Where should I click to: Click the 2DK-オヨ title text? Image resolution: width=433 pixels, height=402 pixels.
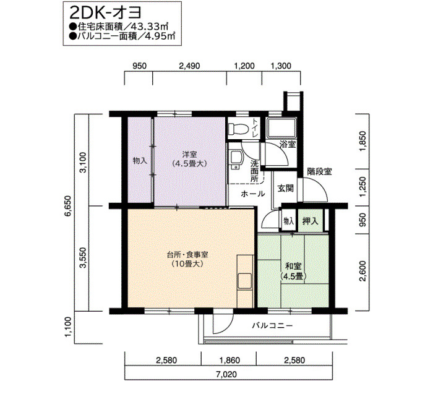[105, 13]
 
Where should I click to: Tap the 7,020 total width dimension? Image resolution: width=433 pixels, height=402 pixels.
[226, 374]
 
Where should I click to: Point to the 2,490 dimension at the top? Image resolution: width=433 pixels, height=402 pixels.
[189, 66]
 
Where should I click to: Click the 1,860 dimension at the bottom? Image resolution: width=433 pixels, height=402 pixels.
[229, 361]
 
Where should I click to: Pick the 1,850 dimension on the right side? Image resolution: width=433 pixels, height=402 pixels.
[363, 141]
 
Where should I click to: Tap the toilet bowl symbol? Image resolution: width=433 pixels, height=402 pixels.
[237, 128]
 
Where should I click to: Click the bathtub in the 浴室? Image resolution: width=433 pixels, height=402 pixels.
[281, 128]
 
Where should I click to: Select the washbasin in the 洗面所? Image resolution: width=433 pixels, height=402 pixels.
[235, 159]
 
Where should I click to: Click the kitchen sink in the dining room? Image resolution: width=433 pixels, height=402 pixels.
[245, 281]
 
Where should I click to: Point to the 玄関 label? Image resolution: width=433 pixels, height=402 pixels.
[285, 189]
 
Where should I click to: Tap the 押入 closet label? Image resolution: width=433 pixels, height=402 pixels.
[310, 221]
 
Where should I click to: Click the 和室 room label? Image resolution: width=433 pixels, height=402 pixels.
[293, 266]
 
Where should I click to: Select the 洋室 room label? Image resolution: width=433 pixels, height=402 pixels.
[189, 155]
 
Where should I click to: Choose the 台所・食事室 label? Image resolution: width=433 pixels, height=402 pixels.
[188, 255]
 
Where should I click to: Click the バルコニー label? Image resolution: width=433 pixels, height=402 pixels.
[272, 326]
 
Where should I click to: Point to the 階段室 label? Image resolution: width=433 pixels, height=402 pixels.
[320, 171]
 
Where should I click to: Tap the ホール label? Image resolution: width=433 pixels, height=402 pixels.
[253, 194]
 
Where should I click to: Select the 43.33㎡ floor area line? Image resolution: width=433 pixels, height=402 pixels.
[119, 27]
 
